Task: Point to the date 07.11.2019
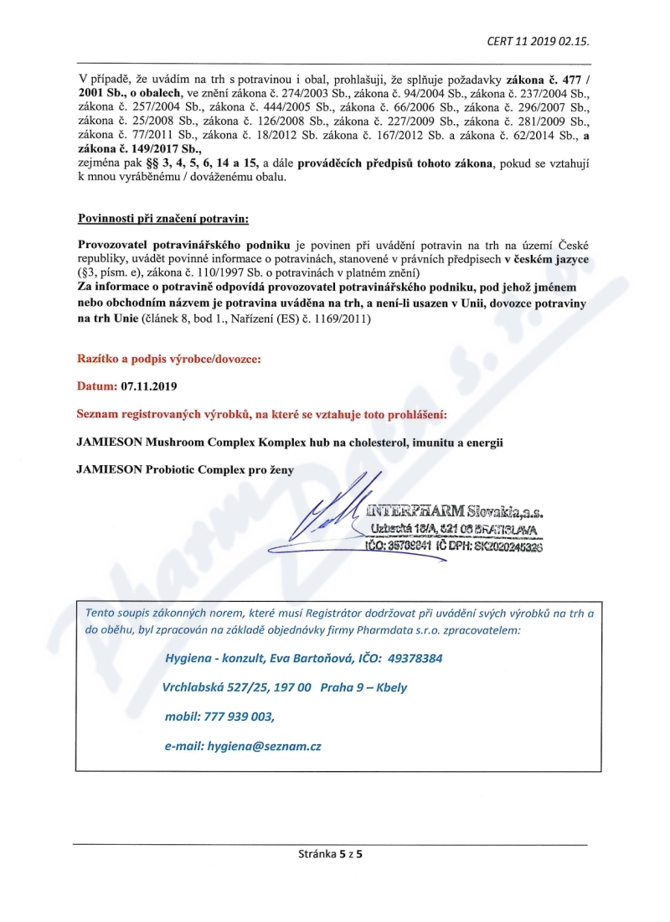(x=149, y=387)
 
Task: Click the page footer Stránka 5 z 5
(x=335, y=854)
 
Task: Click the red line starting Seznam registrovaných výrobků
(x=260, y=415)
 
